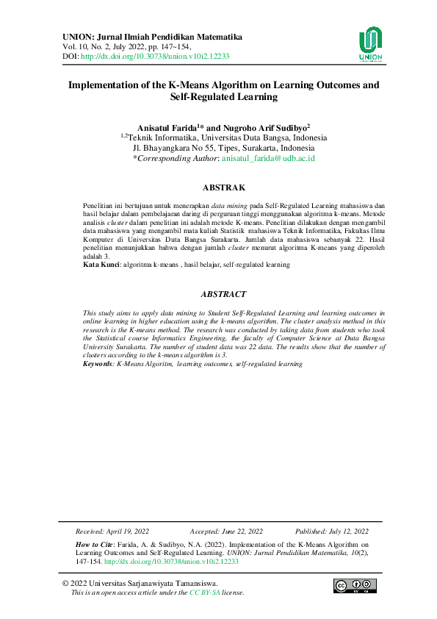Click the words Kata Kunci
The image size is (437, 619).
[101, 264]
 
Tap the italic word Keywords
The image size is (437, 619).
[98, 363]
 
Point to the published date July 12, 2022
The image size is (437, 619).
[350, 530]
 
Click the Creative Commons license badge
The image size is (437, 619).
[351, 586]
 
